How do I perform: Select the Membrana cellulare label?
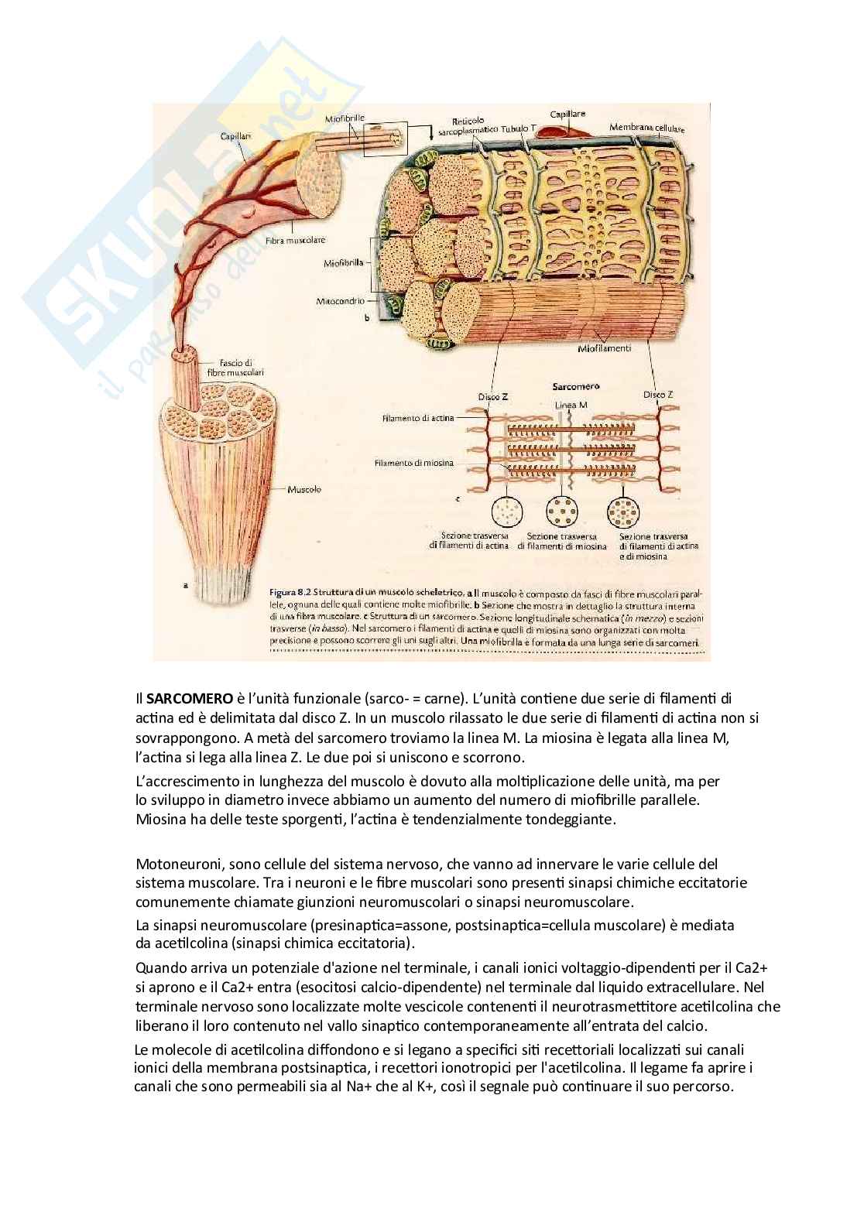(x=646, y=127)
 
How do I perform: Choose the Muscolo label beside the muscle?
(x=304, y=489)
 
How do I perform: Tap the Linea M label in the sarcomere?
(x=571, y=406)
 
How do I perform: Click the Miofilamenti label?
(x=605, y=348)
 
